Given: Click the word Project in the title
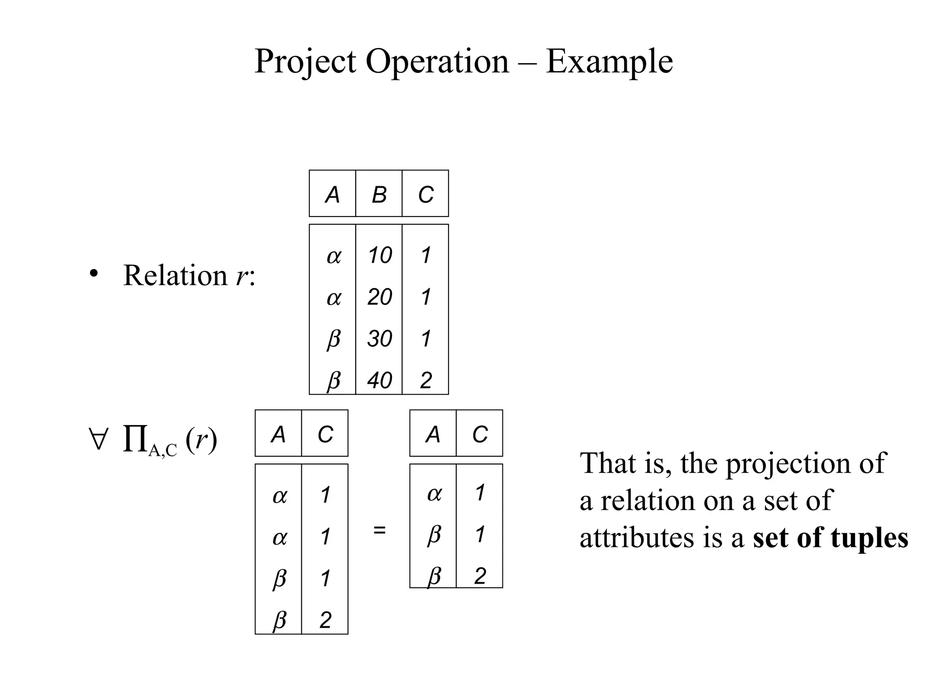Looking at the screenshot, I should (305, 62).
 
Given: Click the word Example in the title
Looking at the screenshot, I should (609, 62).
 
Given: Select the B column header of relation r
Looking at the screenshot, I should (379, 195).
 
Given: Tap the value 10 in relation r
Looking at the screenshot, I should (380, 255).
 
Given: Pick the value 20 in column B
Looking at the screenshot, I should (380, 297).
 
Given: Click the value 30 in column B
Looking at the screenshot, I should (380, 338).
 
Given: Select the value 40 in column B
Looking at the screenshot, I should (380, 380).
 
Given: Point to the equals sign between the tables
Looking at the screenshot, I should (379, 530).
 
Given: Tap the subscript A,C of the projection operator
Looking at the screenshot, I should (162, 450).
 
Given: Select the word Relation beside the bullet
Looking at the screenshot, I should (175, 275).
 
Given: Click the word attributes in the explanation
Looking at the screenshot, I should (637, 538).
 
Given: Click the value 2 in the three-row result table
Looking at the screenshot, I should (480, 576).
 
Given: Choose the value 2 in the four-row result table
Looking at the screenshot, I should (325, 620).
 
